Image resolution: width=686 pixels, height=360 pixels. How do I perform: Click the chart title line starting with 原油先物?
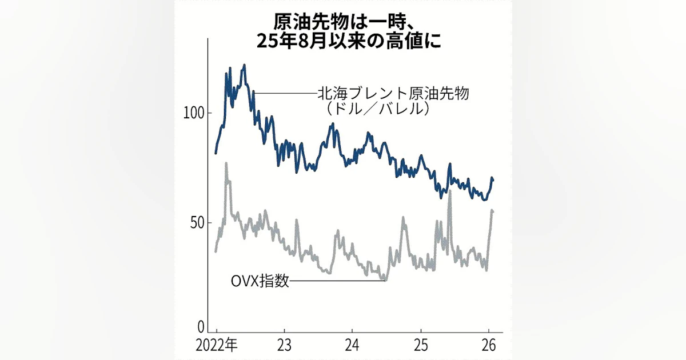342,23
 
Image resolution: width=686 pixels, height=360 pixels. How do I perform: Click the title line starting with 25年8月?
342,43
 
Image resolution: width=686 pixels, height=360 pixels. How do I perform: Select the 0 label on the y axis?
201,327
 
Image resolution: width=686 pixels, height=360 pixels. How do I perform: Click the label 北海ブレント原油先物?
393,93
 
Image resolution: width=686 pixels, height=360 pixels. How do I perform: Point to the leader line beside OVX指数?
337,281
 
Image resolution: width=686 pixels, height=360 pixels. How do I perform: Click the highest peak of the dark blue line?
244,65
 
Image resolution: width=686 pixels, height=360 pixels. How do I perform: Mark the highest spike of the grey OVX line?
226,163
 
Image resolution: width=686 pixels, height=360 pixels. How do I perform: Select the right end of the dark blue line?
493,180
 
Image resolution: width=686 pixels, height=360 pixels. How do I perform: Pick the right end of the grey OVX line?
493,212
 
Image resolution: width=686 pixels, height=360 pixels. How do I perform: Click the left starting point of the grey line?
216,251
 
